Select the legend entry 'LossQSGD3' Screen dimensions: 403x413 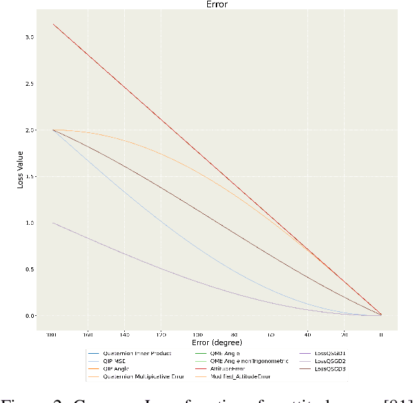329,368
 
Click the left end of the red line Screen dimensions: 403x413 53,24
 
